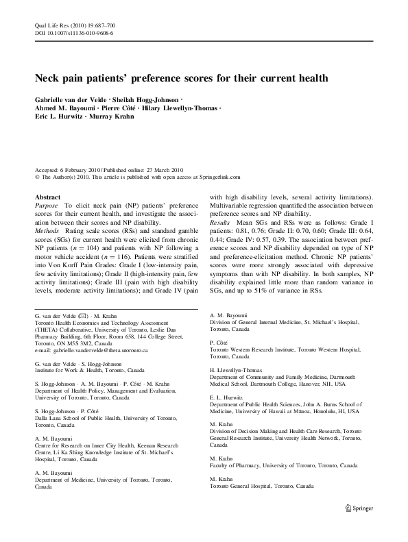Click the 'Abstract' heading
coord(47,196)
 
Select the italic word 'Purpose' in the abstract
coord(47,205)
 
